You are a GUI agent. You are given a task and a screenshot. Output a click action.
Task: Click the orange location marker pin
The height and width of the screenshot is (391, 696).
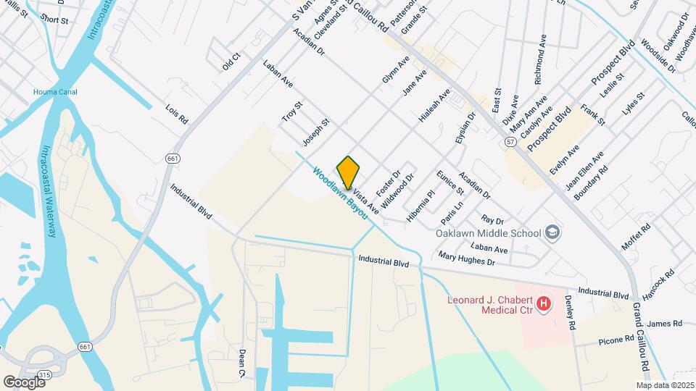click(x=349, y=172)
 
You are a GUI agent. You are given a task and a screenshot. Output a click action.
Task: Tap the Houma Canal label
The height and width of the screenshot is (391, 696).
click(x=55, y=92)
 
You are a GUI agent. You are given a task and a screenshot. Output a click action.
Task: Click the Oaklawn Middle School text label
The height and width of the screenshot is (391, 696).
click(x=489, y=233)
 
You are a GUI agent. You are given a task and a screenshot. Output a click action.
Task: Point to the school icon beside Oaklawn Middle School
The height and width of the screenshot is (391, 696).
click(x=553, y=232)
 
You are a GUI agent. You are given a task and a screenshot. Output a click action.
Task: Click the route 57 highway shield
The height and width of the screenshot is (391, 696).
click(x=511, y=143)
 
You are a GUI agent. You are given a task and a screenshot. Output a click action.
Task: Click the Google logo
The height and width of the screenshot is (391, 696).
click(x=24, y=382)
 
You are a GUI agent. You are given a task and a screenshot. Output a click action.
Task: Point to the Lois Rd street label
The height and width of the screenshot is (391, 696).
click(x=177, y=113)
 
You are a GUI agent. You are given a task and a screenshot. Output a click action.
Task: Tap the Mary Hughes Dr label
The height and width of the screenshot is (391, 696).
click(x=466, y=258)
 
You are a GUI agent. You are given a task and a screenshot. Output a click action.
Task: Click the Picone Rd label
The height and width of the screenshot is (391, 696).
click(x=616, y=338)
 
